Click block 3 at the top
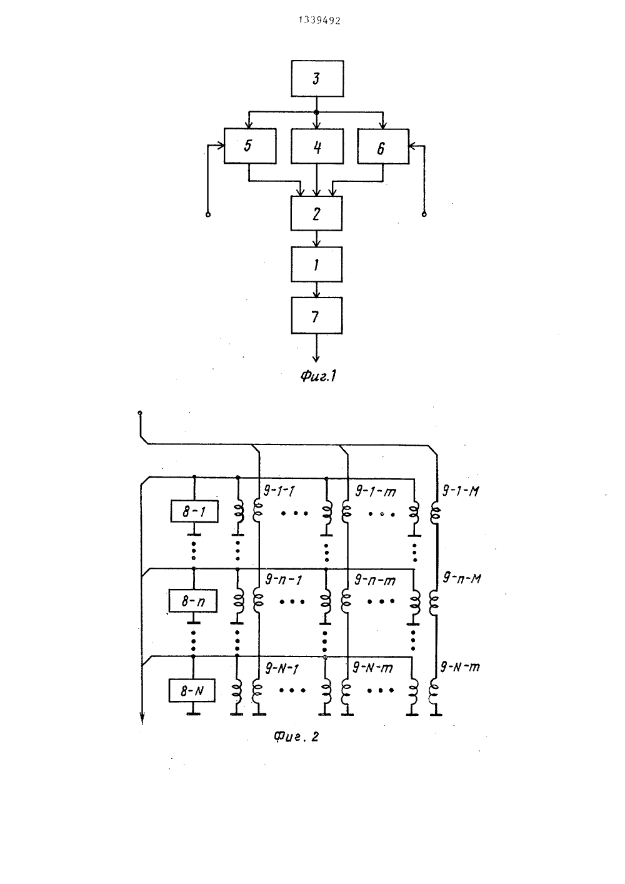click(x=317, y=79)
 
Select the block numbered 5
click(x=250, y=146)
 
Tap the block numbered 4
click(x=317, y=146)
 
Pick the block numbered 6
click(x=383, y=146)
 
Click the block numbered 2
click(x=316, y=213)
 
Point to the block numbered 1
click(x=316, y=264)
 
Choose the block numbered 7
click(x=316, y=315)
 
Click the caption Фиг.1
click(x=318, y=376)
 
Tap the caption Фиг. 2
click(x=296, y=736)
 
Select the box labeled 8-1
click(x=194, y=511)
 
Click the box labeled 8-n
click(x=193, y=601)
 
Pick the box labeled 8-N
click(x=192, y=691)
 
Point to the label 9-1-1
click(x=279, y=491)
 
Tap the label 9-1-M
click(x=460, y=491)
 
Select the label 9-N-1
click(x=282, y=668)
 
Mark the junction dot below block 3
click(x=316, y=113)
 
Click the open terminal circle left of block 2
click(x=208, y=214)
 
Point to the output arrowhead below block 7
click(x=316, y=358)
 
